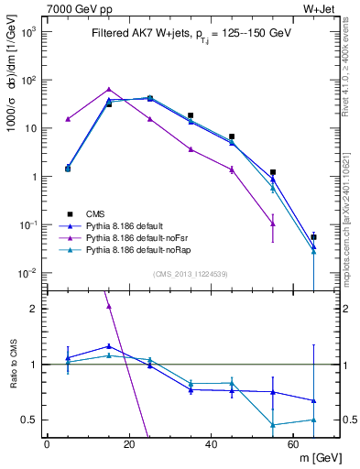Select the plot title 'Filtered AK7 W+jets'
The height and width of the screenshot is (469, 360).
(x=137, y=34)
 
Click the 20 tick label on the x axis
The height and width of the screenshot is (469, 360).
(x=129, y=444)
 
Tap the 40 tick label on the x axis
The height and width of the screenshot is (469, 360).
(x=212, y=444)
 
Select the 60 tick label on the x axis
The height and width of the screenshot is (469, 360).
(x=294, y=444)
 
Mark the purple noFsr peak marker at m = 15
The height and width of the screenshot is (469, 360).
(x=109, y=90)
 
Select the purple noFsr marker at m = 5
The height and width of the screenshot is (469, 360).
(x=68, y=119)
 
